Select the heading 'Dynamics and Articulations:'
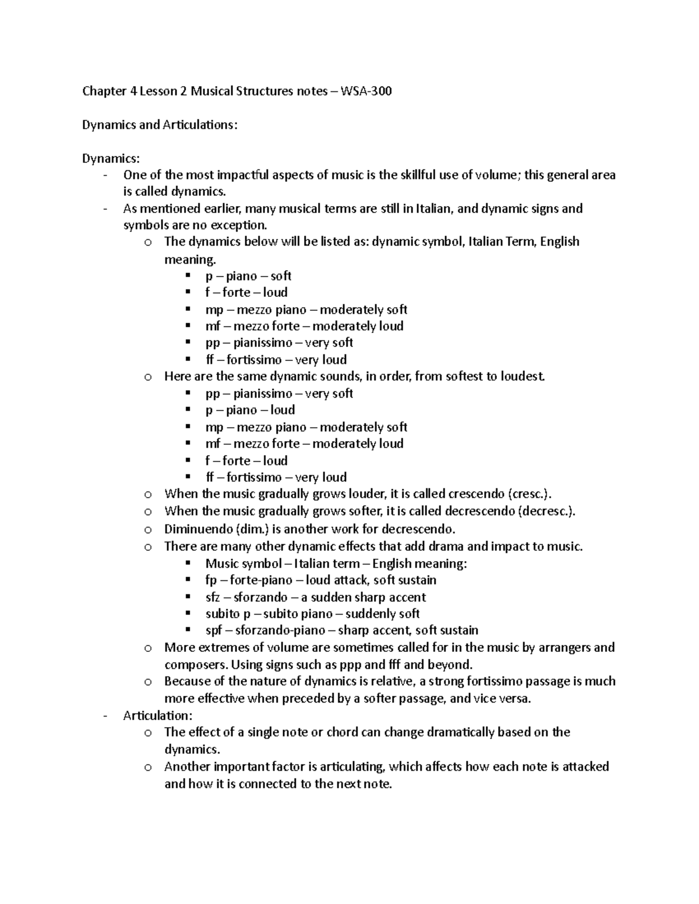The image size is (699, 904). [x=160, y=125]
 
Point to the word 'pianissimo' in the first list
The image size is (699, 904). [x=263, y=343]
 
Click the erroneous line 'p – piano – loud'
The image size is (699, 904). [x=250, y=410]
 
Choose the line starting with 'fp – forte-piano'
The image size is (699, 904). [x=320, y=580]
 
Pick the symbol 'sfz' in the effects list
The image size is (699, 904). [x=213, y=597]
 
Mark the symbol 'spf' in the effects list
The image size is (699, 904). [x=213, y=630]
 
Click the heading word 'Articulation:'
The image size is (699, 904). [x=157, y=715]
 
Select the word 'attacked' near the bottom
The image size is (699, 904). [x=585, y=767]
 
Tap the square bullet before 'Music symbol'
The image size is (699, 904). [x=188, y=563]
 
